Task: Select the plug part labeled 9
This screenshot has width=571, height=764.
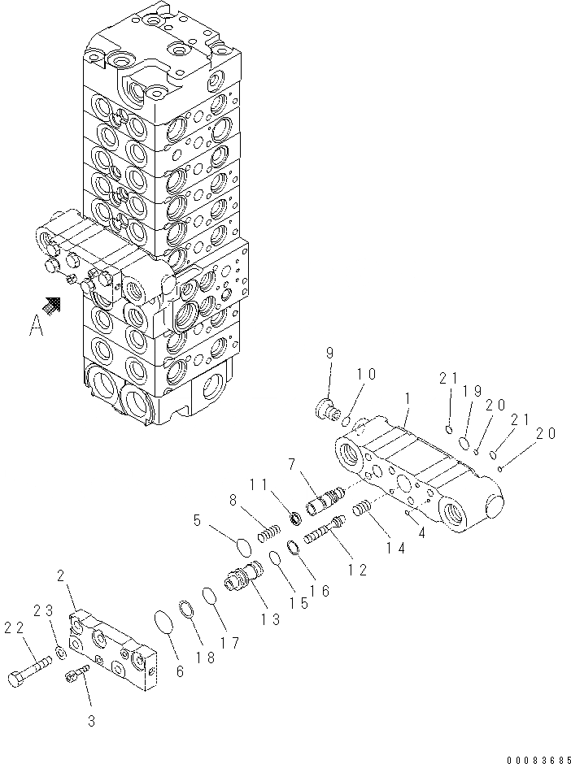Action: pyautogui.click(x=325, y=409)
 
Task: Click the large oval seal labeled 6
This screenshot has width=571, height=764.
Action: pyautogui.click(x=166, y=627)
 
